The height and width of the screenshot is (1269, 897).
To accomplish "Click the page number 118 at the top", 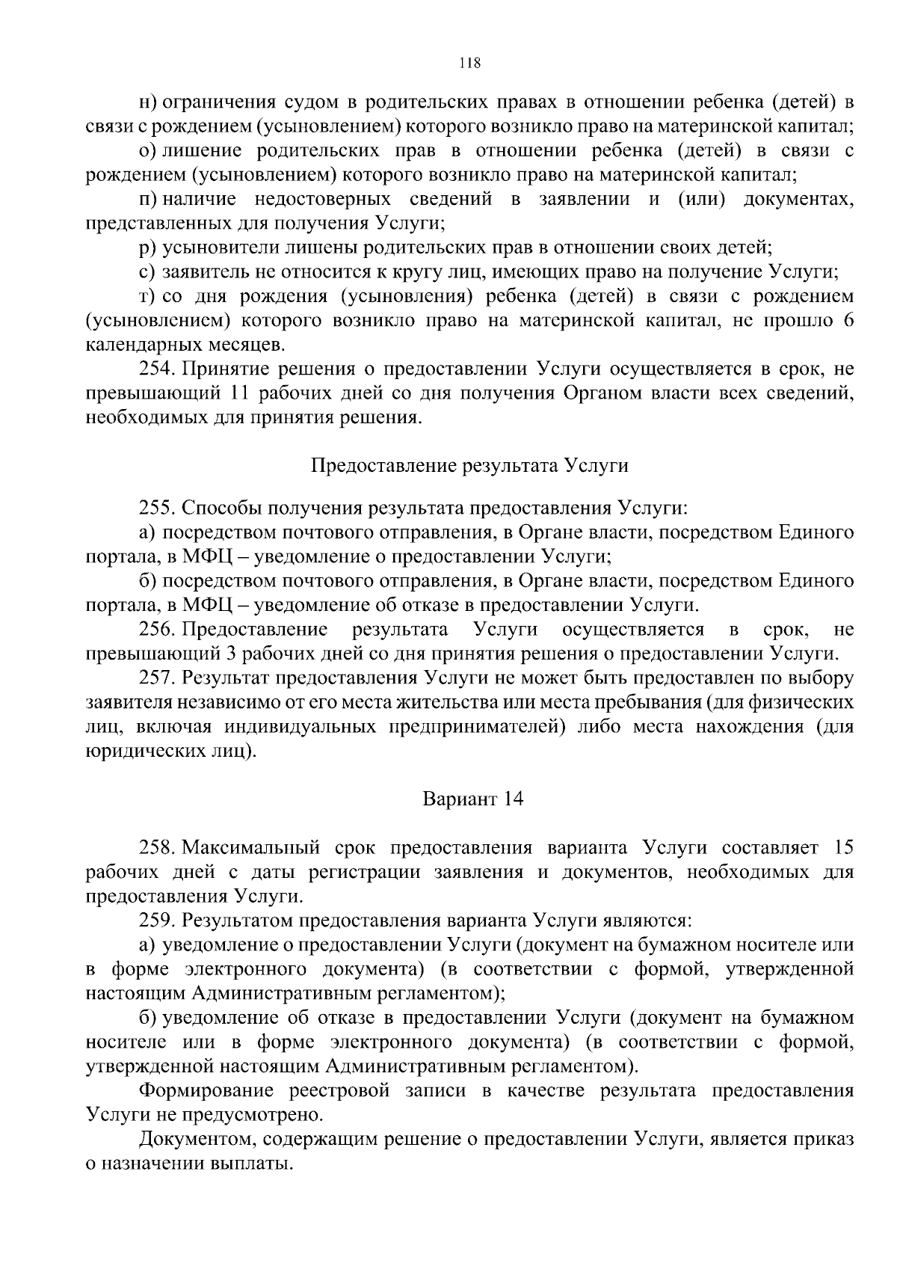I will point(469,63).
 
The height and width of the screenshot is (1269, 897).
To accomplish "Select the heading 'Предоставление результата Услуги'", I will point(469,465).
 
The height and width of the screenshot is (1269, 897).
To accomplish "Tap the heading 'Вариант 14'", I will point(472,799).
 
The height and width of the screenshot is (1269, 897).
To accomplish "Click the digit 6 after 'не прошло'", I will point(847,321).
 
